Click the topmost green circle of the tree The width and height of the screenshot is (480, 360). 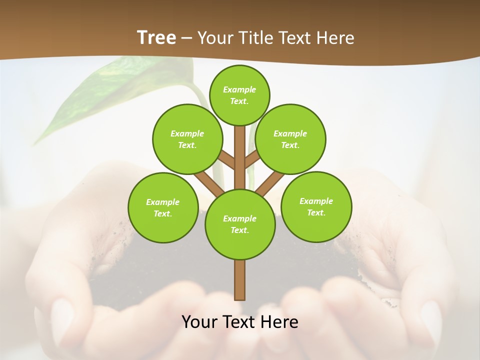tap(239, 95)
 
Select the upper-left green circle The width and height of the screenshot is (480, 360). tap(187, 139)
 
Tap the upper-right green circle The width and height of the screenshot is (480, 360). tap(290, 139)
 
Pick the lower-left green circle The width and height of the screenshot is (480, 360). tap(163, 207)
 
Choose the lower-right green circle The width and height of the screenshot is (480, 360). tap(316, 206)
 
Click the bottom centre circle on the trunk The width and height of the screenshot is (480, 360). tap(240, 224)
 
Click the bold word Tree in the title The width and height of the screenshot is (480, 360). tap(156, 37)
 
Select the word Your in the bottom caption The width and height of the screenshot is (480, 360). tap(199, 322)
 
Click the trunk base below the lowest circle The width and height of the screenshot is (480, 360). tap(240, 280)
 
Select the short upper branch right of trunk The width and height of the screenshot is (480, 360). tap(252, 159)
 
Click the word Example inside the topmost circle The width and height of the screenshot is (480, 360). tap(239, 89)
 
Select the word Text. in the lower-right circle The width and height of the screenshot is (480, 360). tap(316, 212)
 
